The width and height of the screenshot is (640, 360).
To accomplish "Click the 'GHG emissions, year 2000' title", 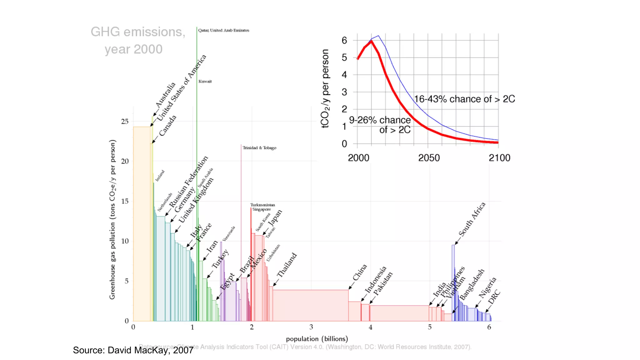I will pos(137,40).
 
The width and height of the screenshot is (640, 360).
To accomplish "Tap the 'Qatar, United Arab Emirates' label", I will pos(224,30).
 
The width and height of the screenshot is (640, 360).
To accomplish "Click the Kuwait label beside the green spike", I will pos(205,81).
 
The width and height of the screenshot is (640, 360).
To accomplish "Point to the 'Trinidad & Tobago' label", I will pos(259,148).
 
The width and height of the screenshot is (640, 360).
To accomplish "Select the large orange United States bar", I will pos(142,224).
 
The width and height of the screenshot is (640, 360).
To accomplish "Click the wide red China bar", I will pos(310,305).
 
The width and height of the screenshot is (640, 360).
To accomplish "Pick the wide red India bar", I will pos(399,313).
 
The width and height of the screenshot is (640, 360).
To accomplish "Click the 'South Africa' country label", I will pos(472,219).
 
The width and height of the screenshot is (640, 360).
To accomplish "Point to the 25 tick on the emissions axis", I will pos(125,121).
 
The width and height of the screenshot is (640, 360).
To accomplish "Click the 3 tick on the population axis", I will pos(311,327).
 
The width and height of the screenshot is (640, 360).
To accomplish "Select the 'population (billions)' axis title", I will pos(317,339).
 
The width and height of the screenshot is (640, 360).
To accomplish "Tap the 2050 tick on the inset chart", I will pos(429,158).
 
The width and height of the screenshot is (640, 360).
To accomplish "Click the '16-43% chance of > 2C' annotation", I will pos(464,99).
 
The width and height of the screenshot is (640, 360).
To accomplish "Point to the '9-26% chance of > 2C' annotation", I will pos(380,125).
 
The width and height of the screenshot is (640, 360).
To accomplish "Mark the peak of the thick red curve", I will pos(371,42).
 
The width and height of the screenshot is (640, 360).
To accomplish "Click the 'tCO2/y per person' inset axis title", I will pos(325,89).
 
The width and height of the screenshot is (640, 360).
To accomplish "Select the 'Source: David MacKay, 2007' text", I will pos(133,350).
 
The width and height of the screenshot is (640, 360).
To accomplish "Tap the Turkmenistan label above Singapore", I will pos(262,205).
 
